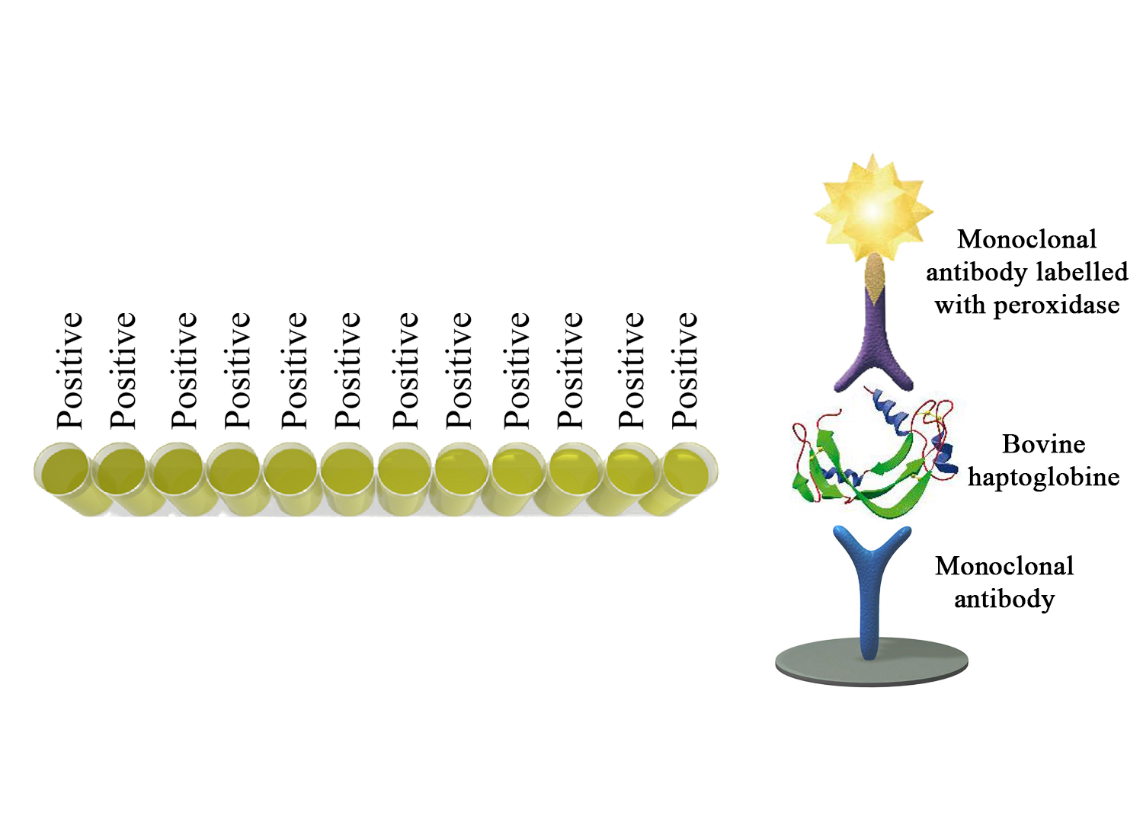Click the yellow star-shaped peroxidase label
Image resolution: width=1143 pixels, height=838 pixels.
[873, 209]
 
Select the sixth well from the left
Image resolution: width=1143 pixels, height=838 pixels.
[347, 477]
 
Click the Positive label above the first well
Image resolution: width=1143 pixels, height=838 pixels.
[69, 370]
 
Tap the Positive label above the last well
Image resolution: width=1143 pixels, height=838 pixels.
[684, 370]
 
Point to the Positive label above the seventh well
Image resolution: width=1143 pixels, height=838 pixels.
[405, 370]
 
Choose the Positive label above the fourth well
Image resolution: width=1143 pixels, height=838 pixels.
[237, 370]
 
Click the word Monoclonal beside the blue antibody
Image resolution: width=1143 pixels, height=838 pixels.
[1004, 565]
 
